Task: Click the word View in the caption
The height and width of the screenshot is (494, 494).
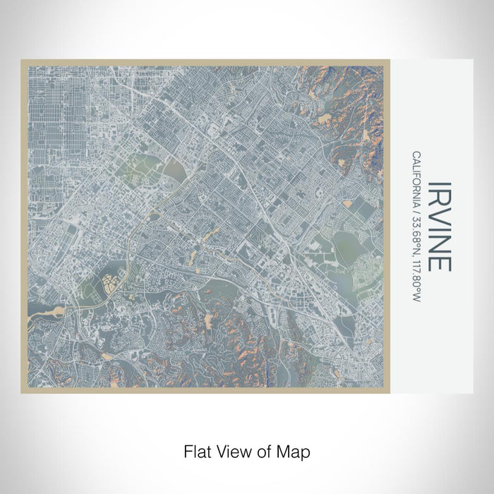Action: (231, 450)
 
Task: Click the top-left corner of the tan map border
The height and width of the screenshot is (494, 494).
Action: (23, 61)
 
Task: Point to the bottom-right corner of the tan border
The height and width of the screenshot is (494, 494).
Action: (389, 392)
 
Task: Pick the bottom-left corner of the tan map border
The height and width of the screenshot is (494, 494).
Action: (23, 392)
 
